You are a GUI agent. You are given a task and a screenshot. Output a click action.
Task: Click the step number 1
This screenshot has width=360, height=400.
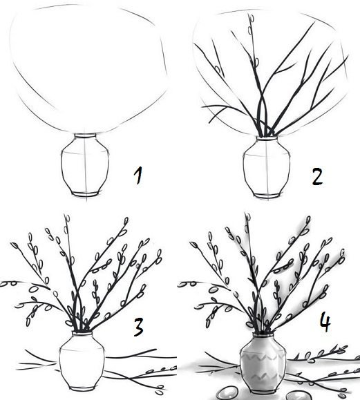pos(138,175)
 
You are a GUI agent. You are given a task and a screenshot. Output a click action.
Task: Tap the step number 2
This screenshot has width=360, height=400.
pos(317,177)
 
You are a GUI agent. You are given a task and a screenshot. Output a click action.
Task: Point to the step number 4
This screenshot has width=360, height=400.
pos(325,323)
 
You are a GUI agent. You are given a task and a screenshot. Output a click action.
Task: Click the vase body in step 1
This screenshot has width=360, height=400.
pos(85,165)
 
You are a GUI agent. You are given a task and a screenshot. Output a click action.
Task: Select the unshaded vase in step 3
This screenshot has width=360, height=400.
pos(82,361)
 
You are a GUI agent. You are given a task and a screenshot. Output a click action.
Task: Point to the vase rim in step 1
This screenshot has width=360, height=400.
pos(85,135)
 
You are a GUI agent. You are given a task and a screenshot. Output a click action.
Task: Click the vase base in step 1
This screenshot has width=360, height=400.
pos(85,194)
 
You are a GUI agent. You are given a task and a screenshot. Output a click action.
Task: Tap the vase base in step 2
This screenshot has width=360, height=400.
pos(267,196)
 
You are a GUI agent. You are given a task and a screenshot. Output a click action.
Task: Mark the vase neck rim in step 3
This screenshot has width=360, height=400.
pos(82,333)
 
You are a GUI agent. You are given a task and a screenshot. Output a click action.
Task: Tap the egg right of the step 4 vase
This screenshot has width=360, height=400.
pos(299,396)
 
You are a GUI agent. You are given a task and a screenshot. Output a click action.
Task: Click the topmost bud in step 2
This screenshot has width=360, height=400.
pos(251,19)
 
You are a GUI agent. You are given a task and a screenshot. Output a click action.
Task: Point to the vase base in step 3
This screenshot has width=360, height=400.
pos(82,388)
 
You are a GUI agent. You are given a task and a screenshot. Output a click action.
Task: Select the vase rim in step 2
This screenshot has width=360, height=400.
pos(267,139)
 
